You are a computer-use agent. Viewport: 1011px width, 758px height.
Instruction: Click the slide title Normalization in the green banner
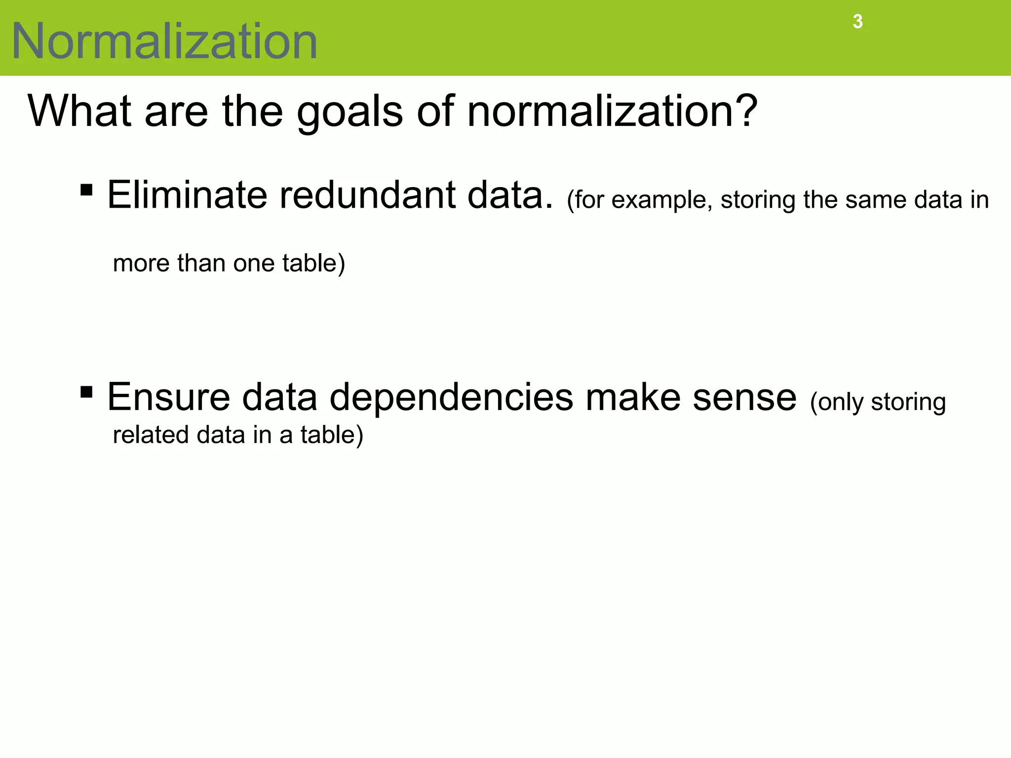[164, 41]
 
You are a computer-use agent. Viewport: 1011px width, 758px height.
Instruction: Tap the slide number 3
[857, 22]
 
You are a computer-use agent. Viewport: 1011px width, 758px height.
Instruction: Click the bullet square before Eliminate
[86, 190]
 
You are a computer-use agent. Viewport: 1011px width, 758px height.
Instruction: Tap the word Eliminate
[187, 195]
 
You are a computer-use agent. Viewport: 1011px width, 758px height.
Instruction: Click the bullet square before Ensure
[86, 392]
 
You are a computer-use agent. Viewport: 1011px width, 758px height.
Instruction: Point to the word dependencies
[451, 397]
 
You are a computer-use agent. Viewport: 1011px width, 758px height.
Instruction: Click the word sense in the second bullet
[744, 397]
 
